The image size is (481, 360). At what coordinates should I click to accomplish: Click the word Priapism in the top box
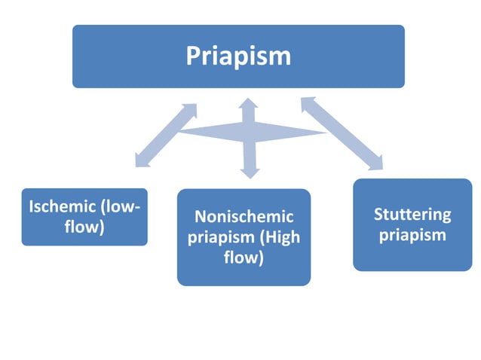coord(238,56)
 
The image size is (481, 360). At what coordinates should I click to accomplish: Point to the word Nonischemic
coord(244,217)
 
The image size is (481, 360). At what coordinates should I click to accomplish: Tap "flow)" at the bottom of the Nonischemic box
coord(244,258)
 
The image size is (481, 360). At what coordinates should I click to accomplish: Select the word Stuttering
coord(412,215)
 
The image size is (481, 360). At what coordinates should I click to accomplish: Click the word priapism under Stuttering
coord(412,235)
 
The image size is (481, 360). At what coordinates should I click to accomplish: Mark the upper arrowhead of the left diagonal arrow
coord(189,110)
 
